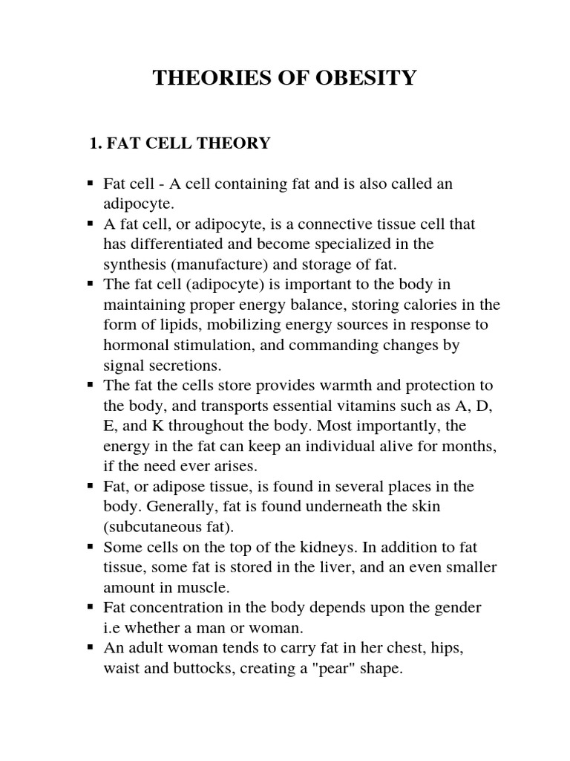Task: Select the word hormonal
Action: coord(136,345)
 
